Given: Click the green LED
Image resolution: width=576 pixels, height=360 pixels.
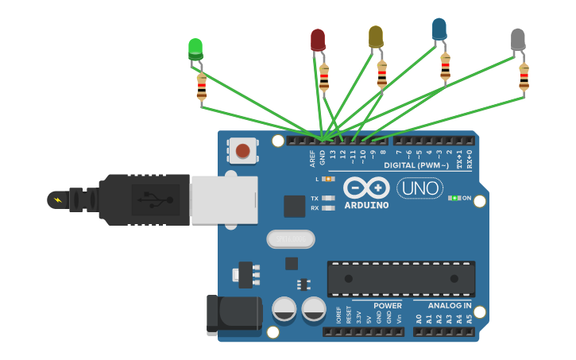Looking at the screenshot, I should (x=195, y=48).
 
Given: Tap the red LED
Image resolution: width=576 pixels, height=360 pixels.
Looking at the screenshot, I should (x=318, y=39).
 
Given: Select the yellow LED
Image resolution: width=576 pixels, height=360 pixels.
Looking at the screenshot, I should (x=376, y=36).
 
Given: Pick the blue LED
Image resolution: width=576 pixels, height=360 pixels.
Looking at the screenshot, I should (x=439, y=29).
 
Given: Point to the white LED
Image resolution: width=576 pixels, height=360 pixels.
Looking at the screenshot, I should (x=517, y=39).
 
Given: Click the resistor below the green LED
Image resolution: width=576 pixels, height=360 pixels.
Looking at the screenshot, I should (x=202, y=87).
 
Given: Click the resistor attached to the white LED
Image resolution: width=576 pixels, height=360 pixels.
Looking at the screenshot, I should (x=524, y=77).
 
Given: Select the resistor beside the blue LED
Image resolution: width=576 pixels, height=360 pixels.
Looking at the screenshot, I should (x=445, y=67).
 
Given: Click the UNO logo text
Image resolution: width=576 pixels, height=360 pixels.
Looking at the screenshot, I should (x=419, y=188).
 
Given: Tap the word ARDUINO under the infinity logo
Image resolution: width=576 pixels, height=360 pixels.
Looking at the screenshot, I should (x=366, y=205).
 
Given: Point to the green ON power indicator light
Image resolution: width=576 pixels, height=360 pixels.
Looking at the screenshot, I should (x=454, y=198).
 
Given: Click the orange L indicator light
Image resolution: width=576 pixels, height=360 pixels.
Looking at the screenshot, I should (x=328, y=179).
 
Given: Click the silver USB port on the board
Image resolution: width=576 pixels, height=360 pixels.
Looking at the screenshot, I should (x=224, y=199).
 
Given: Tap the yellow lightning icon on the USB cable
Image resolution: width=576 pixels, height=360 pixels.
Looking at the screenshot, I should (x=57, y=199).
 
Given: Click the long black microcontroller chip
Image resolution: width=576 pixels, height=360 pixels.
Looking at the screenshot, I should (x=401, y=279).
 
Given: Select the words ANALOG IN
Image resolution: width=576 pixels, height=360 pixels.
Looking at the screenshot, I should (x=450, y=305).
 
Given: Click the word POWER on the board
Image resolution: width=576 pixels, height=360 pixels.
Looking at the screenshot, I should (x=388, y=305).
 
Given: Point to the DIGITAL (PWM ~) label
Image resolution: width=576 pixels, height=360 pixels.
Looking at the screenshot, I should (x=416, y=165).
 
